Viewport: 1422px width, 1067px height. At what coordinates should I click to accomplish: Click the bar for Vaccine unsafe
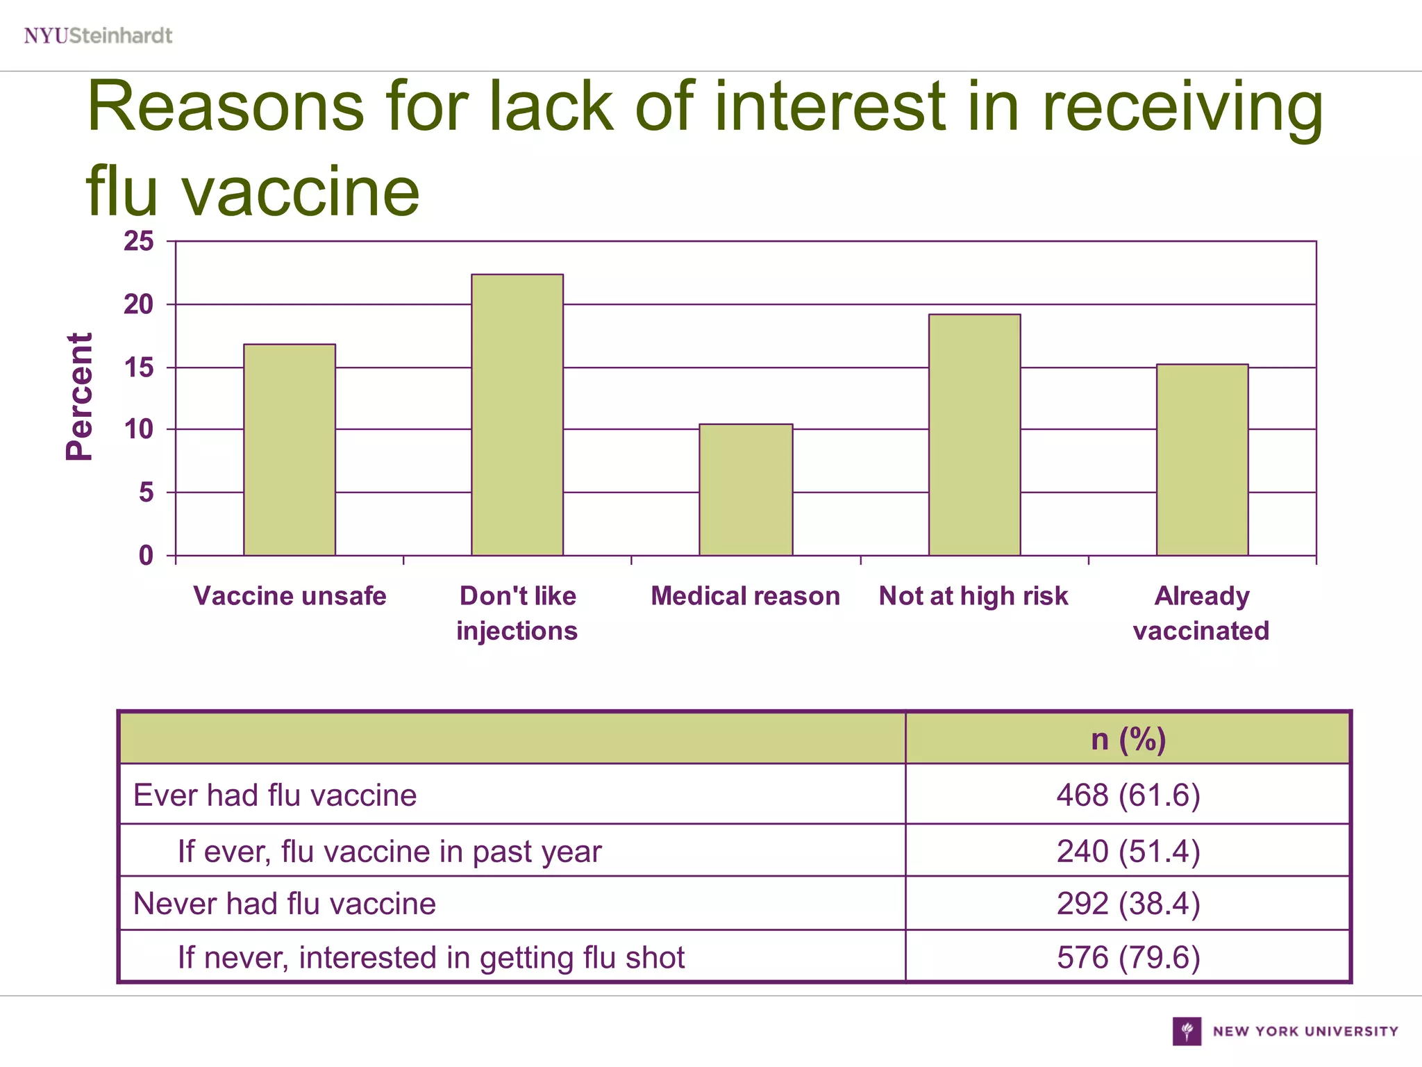290,449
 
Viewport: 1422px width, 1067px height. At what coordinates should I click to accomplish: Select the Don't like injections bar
517,415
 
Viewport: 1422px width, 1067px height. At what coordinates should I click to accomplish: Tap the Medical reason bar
746,490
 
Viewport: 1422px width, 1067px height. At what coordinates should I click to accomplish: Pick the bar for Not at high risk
974,435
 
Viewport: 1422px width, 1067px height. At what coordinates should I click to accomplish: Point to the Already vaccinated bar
1202,460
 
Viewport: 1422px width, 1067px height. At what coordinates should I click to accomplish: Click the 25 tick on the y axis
139,242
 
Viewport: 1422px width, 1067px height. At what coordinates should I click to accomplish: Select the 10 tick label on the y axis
139,430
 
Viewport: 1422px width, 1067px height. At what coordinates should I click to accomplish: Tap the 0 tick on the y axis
146,556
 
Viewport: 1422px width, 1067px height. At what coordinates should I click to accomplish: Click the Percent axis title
79,397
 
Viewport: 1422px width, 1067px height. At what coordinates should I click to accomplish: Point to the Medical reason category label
745,596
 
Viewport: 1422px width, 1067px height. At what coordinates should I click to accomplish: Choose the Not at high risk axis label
973,596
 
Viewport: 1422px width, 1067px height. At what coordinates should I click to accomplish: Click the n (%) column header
1128,738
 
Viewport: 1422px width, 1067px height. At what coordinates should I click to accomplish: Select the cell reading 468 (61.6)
1128,795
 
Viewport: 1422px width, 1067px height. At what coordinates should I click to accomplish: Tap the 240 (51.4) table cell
1128,851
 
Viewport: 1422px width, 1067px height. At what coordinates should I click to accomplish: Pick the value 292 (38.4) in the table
1128,904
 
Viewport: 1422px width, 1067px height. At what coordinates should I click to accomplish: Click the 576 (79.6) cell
1128,957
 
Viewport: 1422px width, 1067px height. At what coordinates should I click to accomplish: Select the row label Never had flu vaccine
285,904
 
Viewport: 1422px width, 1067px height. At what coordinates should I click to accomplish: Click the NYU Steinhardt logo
98,35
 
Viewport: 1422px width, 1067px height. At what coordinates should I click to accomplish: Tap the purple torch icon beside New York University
1187,1031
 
